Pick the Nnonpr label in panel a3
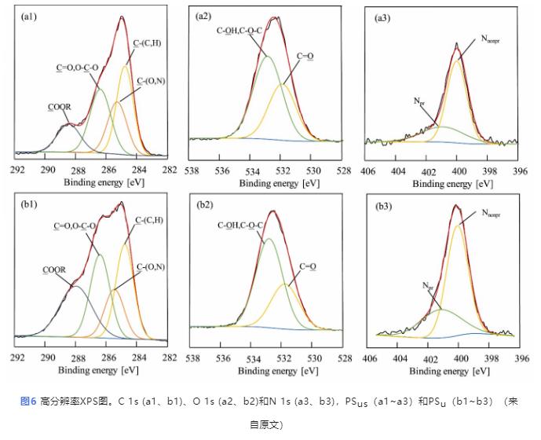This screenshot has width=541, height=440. click(493, 37)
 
